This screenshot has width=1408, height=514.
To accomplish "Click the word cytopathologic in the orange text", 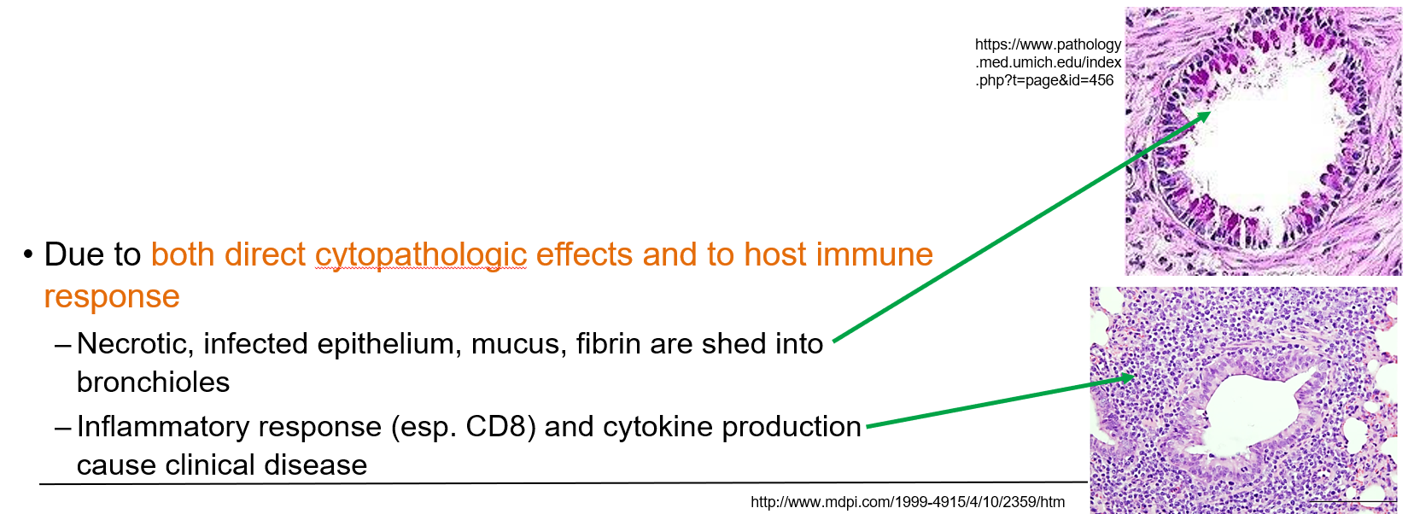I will (x=420, y=255).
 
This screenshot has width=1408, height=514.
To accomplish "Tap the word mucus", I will (x=515, y=344).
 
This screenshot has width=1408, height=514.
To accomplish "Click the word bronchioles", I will (x=153, y=383).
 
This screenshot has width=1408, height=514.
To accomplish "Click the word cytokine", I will (x=648, y=427).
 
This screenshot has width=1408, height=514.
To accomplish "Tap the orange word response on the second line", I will (x=112, y=297).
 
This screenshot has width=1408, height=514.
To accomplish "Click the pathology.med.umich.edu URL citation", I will (x=1048, y=62).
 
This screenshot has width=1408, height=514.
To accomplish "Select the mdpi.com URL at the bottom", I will (x=907, y=502).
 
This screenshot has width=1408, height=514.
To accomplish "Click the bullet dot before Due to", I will (x=28, y=254).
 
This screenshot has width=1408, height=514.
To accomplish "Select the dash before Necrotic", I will (x=62, y=345).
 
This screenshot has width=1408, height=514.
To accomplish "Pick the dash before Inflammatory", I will (x=62, y=428).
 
